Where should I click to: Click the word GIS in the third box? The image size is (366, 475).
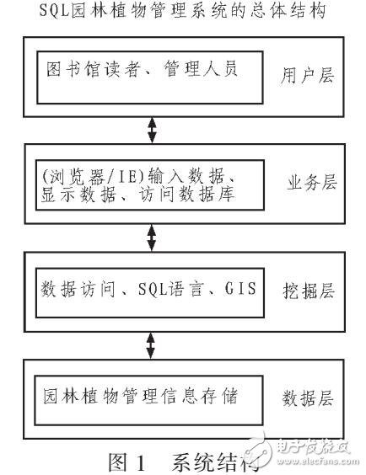click(237, 291)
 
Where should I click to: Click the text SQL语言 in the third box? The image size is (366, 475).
click(172, 291)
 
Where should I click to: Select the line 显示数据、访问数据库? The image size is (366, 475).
click(135, 194)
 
